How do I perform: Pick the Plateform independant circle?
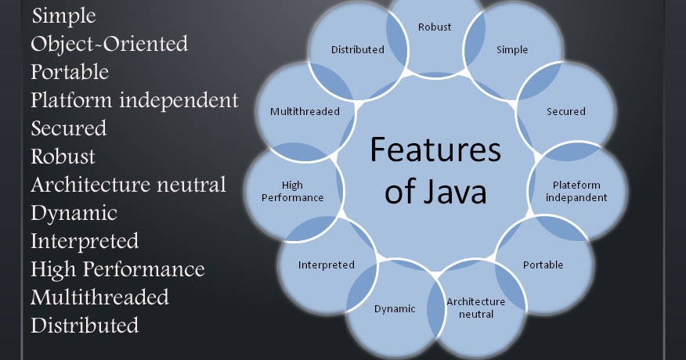click(x=577, y=191)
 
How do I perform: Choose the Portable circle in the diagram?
click(x=543, y=265)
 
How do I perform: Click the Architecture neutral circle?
click(x=475, y=308)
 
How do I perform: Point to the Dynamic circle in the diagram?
click(x=395, y=308)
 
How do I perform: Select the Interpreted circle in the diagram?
click(x=326, y=265)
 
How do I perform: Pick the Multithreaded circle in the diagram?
click(x=305, y=111)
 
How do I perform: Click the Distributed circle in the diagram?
click(x=357, y=50)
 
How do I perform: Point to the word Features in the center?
click(x=435, y=149)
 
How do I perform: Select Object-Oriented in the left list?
click(x=110, y=44)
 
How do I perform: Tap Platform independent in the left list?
click(x=135, y=100)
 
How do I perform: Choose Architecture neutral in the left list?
click(x=128, y=185)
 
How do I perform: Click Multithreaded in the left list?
click(x=99, y=297)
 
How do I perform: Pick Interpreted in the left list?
click(x=85, y=240)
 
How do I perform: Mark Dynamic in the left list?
click(x=74, y=213)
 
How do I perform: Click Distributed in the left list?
click(x=85, y=325)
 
